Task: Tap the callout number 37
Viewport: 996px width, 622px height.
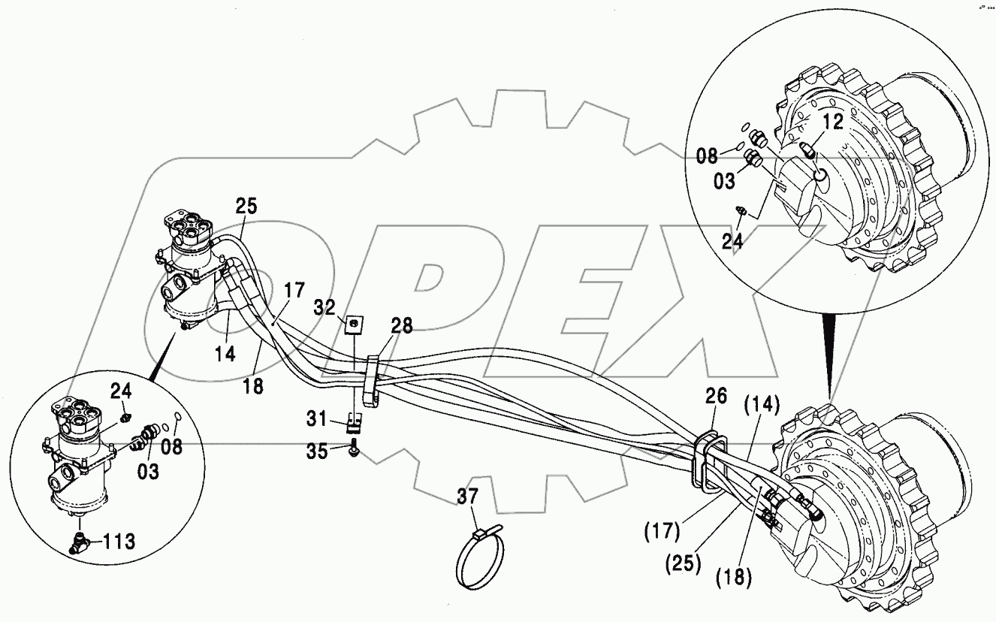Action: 468,496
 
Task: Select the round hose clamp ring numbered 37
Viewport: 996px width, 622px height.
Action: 481,560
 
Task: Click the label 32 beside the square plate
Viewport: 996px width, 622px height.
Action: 324,308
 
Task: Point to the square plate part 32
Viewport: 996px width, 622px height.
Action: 352,325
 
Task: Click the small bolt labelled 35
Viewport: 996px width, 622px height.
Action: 354,450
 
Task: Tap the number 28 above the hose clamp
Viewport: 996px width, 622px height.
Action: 401,325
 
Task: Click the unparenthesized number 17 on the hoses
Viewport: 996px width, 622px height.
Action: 295,288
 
